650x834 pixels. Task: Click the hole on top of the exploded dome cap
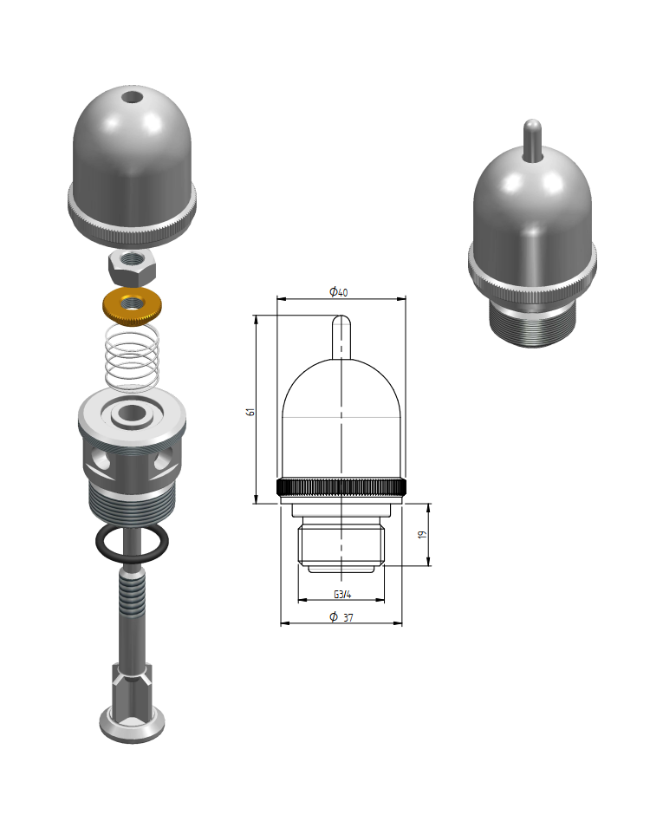pos(131,98)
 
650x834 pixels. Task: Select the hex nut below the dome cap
pos(132,268)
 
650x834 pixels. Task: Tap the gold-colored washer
pos(132,305)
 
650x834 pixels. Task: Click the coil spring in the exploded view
pos(132,355)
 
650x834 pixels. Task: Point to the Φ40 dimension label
pos(339,291)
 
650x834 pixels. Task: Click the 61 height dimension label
pos(250,411)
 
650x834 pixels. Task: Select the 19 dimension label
pos(422,534)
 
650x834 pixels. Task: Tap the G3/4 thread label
pos(342,594)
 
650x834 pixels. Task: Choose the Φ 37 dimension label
pos(341,617)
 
